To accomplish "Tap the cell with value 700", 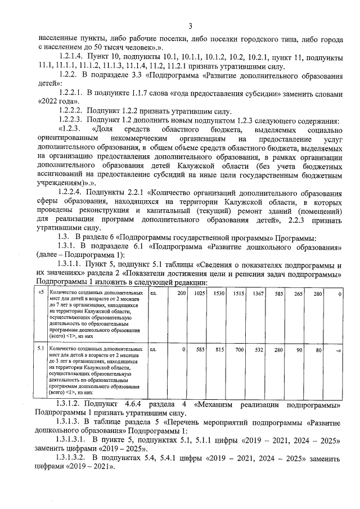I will (240, 349).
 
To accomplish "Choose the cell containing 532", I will (259, 349).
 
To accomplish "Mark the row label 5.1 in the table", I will (40, 349).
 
